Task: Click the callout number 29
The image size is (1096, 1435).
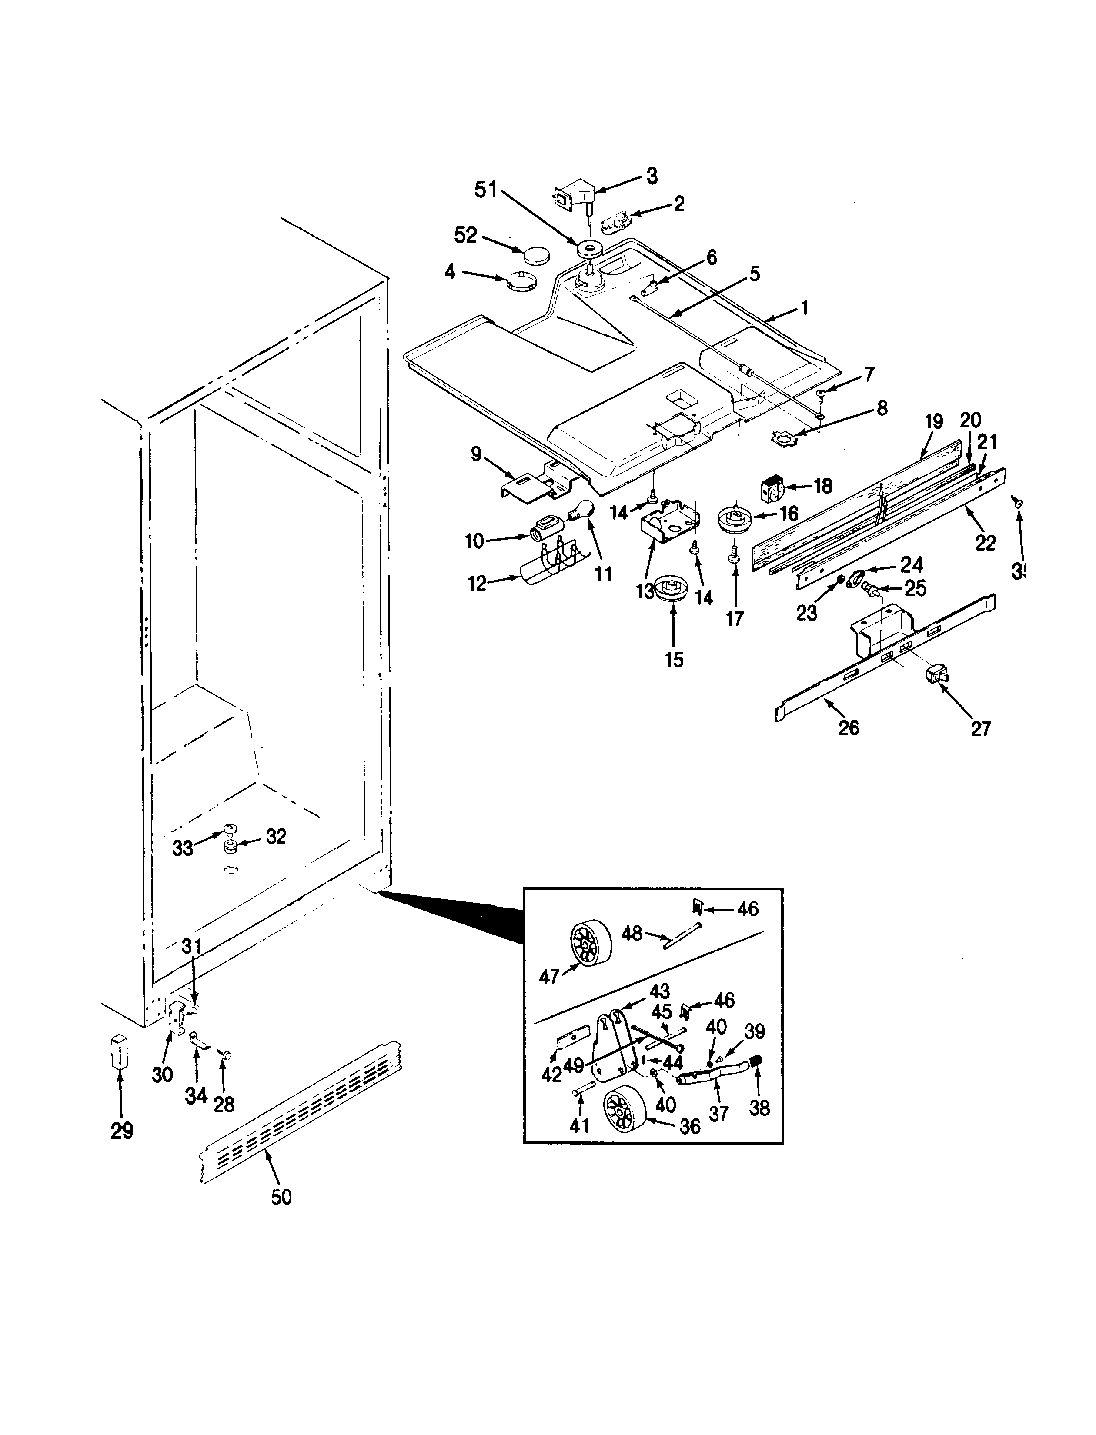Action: click(122, 1131)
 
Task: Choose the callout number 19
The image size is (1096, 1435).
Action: click(933, 422)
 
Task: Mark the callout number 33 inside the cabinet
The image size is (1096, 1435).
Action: click(183, 848)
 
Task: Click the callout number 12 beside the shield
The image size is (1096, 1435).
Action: click(478, 584)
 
